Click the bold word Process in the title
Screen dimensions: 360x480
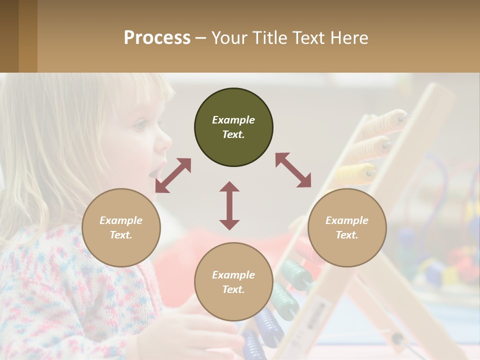(157, 38)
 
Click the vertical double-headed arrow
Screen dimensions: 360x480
(229, 205)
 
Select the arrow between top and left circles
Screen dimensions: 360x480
(173, 175)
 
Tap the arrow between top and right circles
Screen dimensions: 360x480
(293, 170)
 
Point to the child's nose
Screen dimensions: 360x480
(163, 142)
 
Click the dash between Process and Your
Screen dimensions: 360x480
(201, 38)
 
